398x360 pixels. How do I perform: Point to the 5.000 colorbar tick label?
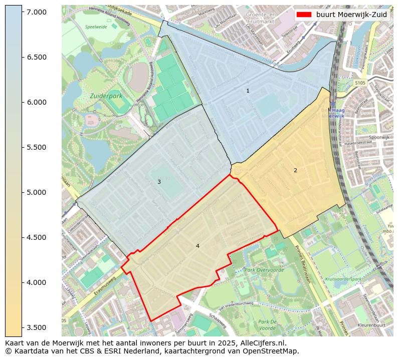tap(37, 192)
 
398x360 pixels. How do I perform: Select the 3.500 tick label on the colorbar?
tap(37, 327)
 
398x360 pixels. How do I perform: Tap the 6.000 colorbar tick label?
tap(37, 102)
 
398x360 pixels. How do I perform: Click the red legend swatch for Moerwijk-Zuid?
tap(304, 15)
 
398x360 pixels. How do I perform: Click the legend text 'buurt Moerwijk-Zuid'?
tap(351, 15)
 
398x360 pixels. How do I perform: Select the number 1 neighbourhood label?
tap(248, 91)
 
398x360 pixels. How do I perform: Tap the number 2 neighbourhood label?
tap(295, 170)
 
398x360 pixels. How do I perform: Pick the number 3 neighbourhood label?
tap(159, 182)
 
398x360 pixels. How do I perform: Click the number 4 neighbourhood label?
tap(197, 246)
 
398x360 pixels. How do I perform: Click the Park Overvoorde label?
tap(264, 270)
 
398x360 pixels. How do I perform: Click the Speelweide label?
tap(96, 27)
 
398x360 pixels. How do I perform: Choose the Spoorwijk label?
tap(378, 137)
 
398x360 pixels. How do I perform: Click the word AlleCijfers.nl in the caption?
tap(261, 343)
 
